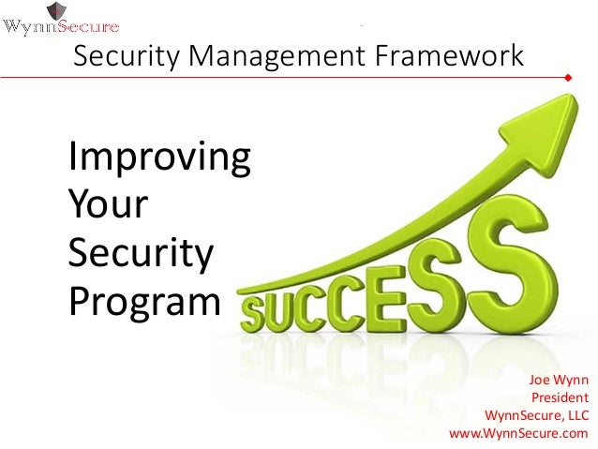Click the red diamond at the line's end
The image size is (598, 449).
[x=568, y=79]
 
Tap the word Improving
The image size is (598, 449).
[x=158, y=161]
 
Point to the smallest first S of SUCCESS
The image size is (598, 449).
[x=260, y=310]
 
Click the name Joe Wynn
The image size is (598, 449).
[x=559, y=380]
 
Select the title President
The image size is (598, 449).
[x=560, y=397]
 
